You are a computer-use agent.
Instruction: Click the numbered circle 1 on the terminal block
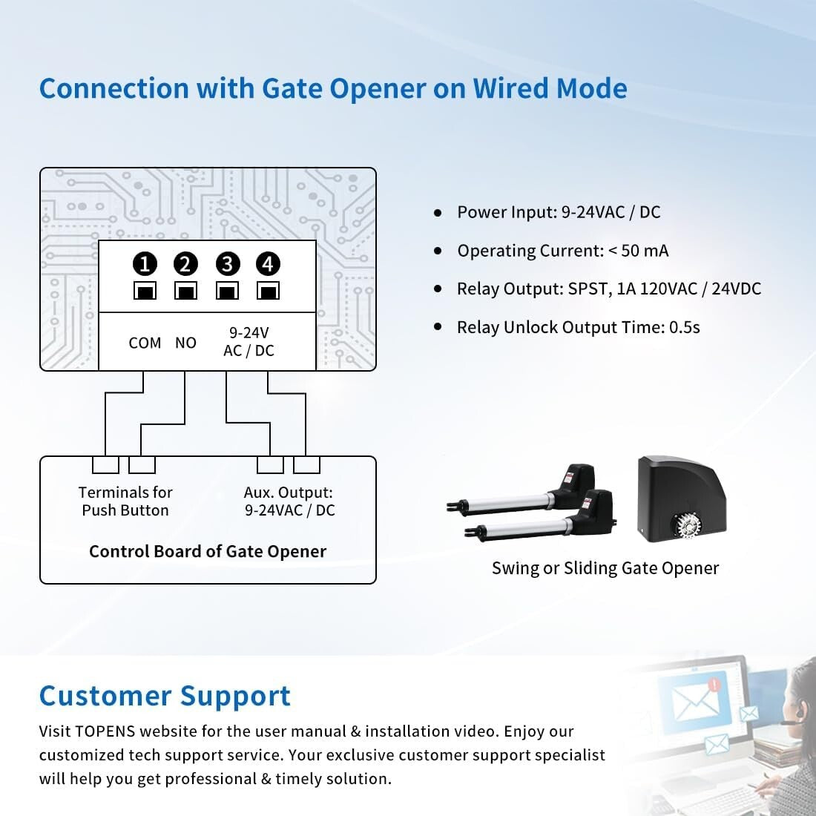point(145,264)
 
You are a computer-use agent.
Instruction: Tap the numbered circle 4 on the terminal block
point(268,264)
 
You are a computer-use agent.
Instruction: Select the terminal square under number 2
point(185,290)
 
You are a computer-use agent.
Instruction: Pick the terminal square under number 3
point(227,290)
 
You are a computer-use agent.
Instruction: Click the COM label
point(145,343)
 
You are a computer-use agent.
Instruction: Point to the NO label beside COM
point(185,343)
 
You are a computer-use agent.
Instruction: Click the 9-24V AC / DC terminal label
point(249,342)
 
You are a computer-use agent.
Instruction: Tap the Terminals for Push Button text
point(125,501)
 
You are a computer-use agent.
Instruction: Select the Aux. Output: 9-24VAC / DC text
point(289,501)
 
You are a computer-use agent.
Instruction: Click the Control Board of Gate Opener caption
point(208,552)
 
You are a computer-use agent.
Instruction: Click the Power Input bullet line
point(558,212)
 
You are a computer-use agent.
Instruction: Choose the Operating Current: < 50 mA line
point(562,251)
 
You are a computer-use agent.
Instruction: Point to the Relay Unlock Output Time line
point(578,327)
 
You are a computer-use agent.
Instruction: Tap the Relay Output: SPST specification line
point(608,289)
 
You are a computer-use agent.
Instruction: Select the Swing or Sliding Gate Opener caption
point(605,568)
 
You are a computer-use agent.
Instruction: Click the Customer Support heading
point(165,696)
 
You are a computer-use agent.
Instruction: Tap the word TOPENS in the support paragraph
point(105,731)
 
